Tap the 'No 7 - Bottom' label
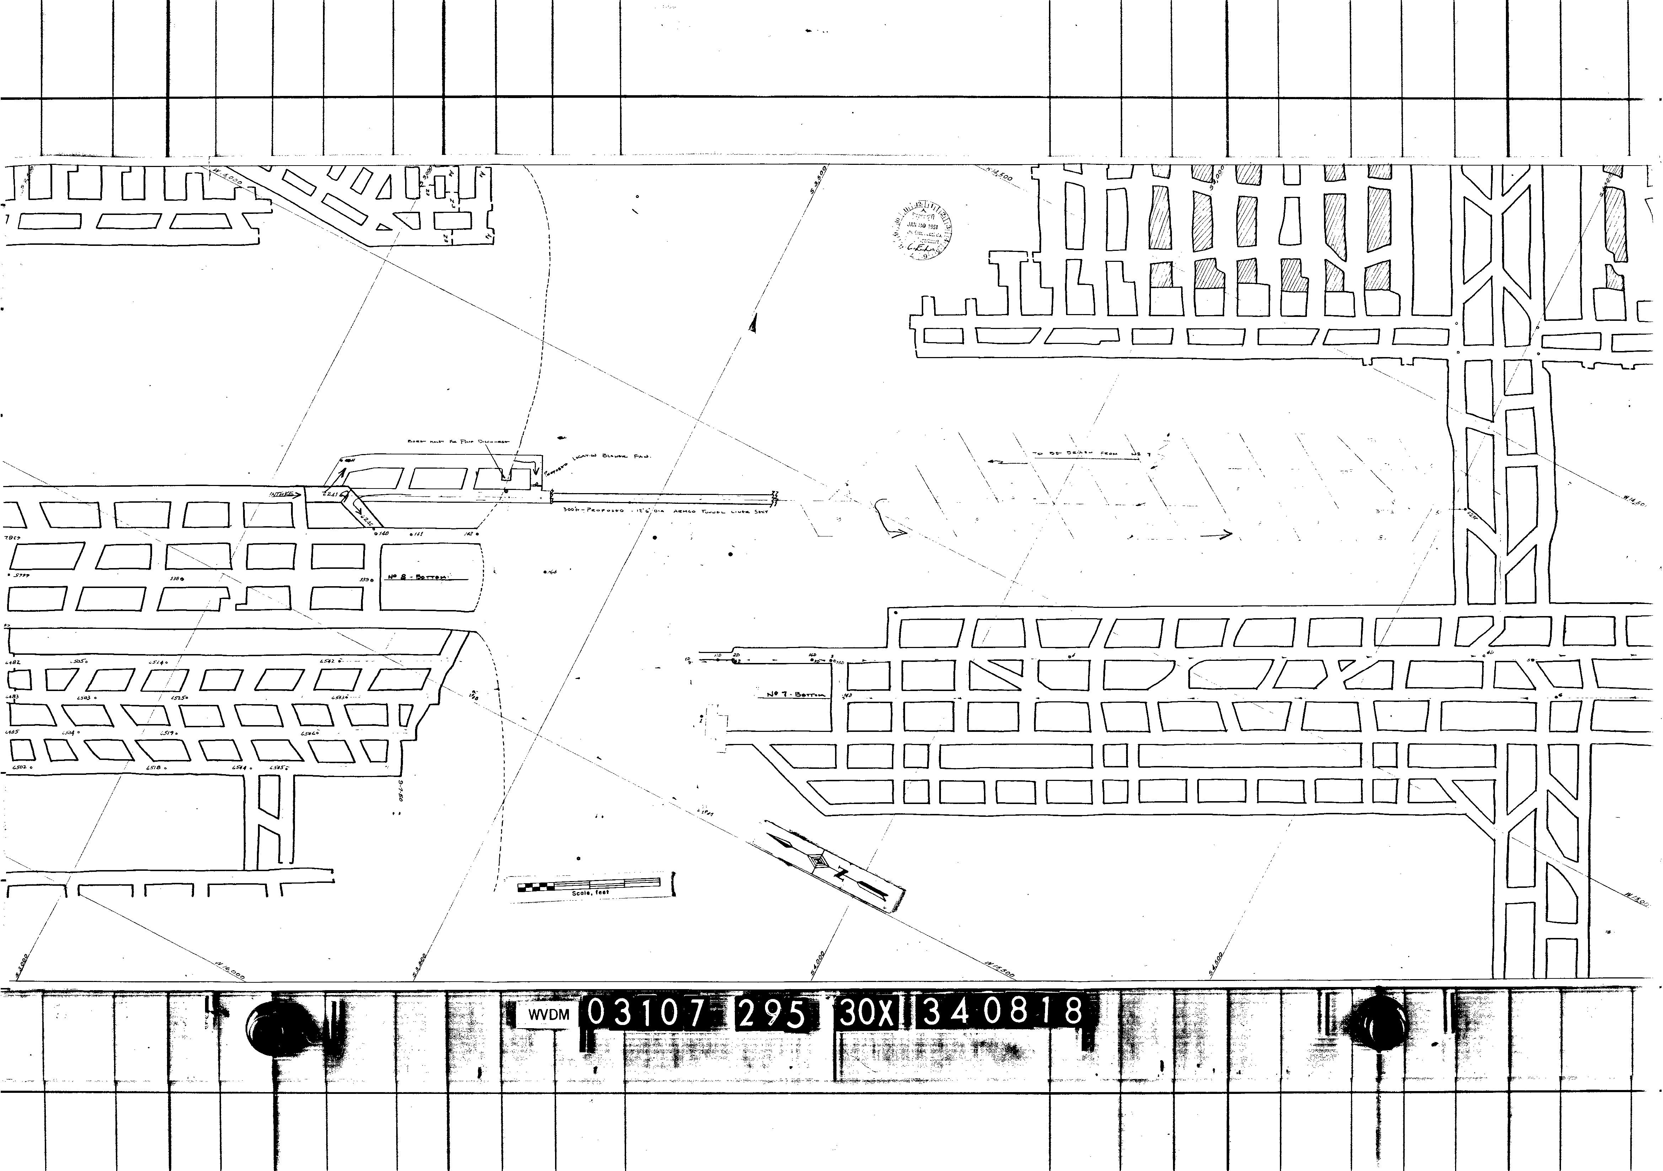[x=795, y=695]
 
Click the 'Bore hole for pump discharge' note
[x=458, y=440]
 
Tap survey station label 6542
[x=327, y=660]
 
